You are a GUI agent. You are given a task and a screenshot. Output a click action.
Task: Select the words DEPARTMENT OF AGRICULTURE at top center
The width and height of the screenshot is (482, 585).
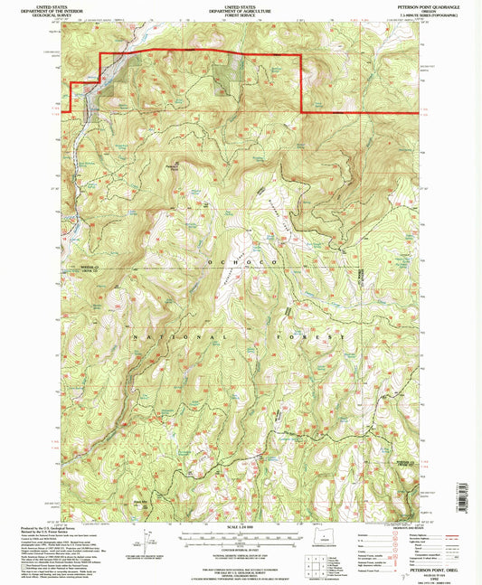(240, 10)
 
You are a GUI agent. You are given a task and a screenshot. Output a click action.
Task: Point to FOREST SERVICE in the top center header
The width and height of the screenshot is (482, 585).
(240, 14)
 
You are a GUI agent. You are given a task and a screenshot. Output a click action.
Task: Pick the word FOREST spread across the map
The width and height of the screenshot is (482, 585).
(313, 335)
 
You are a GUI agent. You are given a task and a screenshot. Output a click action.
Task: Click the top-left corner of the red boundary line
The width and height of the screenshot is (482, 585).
(98, 55)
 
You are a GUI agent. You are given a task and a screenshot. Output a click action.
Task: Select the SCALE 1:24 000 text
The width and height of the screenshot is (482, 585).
(240, 525)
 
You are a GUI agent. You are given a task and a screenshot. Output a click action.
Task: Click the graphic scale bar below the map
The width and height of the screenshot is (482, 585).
(240, 533)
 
